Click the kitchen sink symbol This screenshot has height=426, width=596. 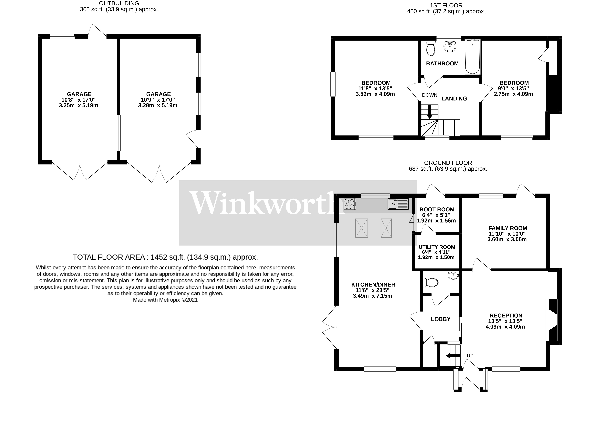pos(398,204)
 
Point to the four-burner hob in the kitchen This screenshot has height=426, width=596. pos(350,204)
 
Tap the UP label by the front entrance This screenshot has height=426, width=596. pos(470,356)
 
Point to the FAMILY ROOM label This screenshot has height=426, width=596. pos(508,228)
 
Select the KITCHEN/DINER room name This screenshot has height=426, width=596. pos(373,285)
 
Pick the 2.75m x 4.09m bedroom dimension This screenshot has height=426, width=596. pos(513,94)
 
